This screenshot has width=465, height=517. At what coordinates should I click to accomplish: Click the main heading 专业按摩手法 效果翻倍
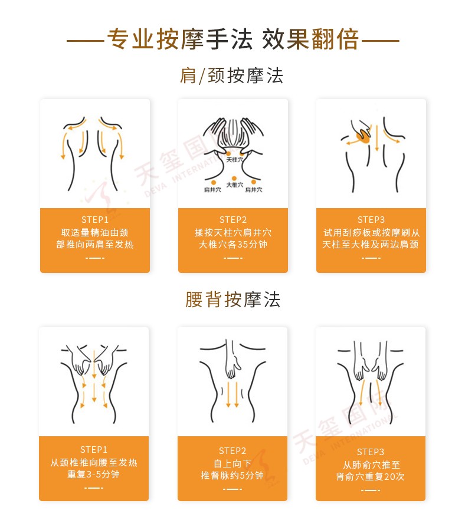[232, 39]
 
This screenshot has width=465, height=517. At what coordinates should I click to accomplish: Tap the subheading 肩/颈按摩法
[232, 76]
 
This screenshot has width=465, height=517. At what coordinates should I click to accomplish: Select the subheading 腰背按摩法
[232, 299]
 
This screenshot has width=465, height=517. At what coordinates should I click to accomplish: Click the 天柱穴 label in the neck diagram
[235, 160]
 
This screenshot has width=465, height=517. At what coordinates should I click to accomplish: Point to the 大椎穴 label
[235, 185]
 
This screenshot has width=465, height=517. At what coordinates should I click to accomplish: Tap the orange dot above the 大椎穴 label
[234, 179]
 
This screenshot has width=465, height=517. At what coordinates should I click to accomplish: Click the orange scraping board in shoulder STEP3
[363, 135]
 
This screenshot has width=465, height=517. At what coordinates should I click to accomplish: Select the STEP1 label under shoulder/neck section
[95, 220]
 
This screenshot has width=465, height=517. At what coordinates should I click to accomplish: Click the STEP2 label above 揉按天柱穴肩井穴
[233, 220]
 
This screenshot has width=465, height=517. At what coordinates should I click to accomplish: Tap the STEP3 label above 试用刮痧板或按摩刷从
[371, 220]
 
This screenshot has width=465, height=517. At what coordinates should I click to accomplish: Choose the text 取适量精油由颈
[95, 232]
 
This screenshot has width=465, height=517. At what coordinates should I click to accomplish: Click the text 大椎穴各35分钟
[233, 244]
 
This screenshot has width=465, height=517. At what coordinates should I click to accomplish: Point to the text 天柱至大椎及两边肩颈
[371, 244]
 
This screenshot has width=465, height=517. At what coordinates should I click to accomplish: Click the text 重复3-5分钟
[94, 474]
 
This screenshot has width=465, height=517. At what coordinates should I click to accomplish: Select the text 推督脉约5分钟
[232, 475]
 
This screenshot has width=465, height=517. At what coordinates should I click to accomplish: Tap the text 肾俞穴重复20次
[370, 476]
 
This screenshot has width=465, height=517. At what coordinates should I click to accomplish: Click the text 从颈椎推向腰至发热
[94, 462]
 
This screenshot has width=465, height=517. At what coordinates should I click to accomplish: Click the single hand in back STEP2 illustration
[233, 360]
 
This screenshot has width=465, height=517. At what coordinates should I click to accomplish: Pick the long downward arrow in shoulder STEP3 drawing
[376, 138]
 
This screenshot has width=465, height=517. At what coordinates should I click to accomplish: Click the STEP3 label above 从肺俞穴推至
[370, 452]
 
